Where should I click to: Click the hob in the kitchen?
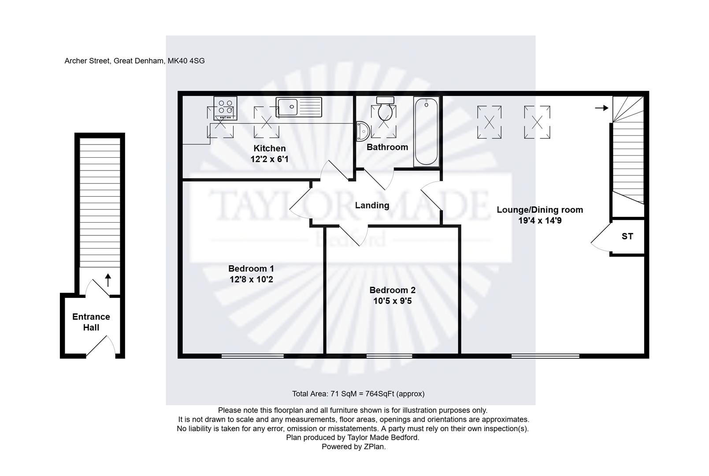[x=225, y=108]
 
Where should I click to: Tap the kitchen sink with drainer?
[x=299, y=107]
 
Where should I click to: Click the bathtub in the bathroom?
[x=426, y=131]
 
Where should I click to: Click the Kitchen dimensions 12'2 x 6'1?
[x=269, y=159]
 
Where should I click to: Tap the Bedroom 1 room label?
[x=251, y=268]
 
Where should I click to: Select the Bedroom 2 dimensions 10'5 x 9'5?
[x=392, y=301]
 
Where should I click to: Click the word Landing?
[x=372, y=205]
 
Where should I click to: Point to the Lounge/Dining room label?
[x=539, y=210]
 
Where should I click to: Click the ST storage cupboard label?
[x=627, y=236]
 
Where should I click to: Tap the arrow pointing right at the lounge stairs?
[x=601, y=108]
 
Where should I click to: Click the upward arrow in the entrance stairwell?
[x=108, y=279]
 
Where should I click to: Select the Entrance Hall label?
[x=91, y=322]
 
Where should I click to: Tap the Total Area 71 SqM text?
[x=358, y=394]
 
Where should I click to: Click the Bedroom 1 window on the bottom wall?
[x=252, y=355]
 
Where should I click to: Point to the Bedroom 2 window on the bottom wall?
[x=389, y=355]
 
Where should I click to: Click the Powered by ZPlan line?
[x=353, y=446]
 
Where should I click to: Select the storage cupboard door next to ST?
[x=600, y=238]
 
